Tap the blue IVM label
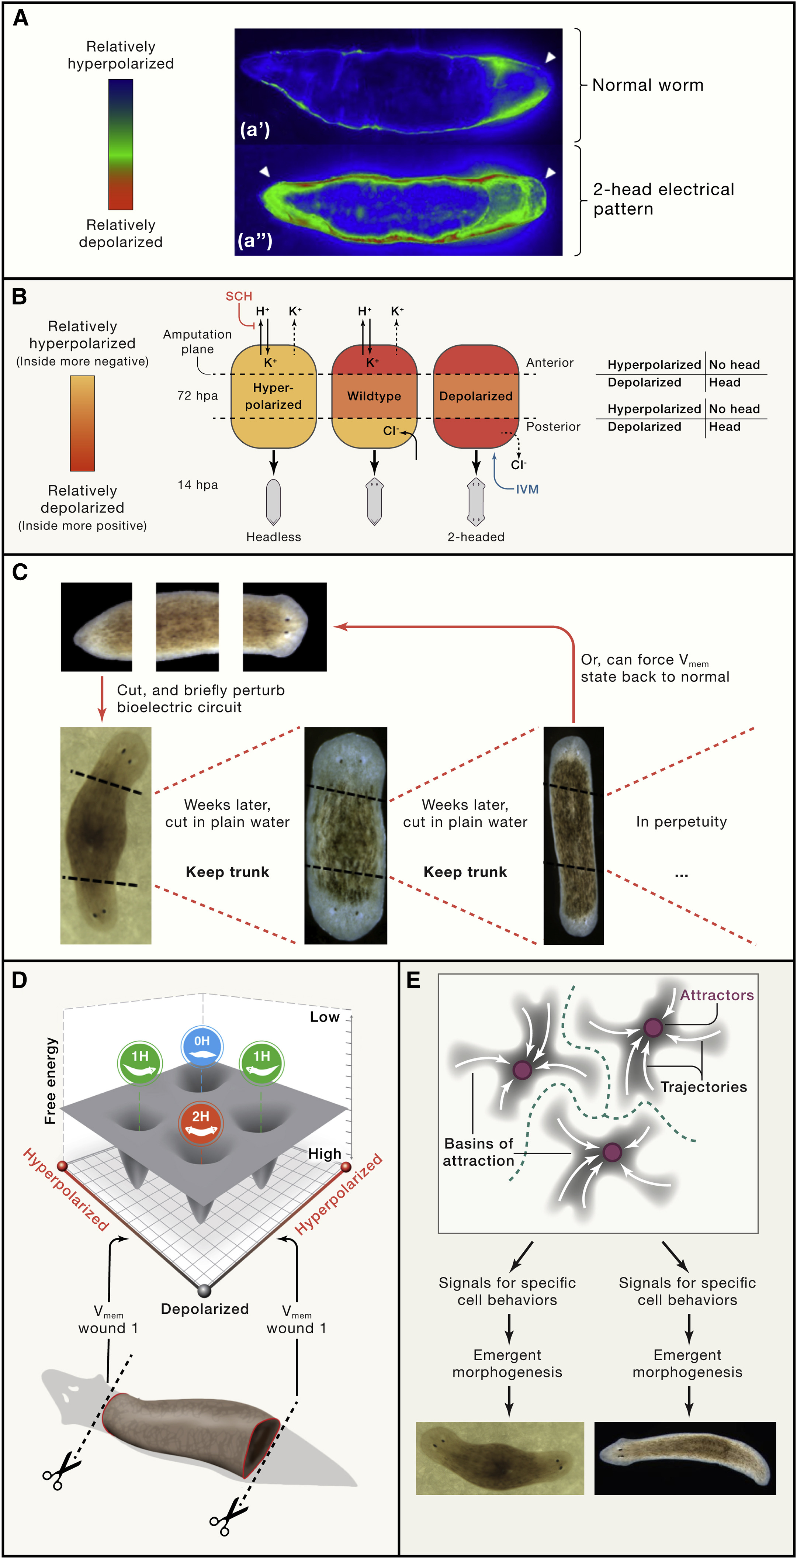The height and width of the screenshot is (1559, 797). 527,489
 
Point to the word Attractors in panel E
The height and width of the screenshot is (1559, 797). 717,996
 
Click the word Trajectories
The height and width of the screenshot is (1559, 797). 703,1087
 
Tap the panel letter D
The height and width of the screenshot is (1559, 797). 20,981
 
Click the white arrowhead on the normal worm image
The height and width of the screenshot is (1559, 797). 550,58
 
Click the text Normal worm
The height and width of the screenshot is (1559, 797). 648,85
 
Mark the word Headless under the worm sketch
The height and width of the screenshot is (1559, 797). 274,537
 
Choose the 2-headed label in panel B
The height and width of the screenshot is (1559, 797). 476,537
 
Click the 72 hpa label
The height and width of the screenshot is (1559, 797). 197,396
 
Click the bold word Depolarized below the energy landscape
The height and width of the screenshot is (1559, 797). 205,1309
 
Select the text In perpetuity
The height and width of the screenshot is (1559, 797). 681,822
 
